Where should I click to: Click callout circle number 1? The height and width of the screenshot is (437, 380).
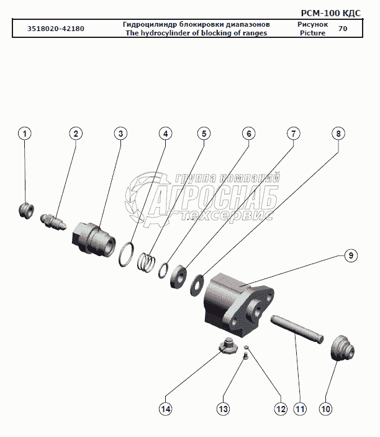(x=24, y=134)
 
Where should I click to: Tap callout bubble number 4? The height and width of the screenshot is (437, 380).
(x=165, y=134)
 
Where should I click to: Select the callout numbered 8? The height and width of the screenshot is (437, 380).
(x=338, y=134)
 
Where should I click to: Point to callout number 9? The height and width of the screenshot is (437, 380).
(x=350, y=255)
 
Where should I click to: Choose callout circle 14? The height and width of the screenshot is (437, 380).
(x=165, y=408)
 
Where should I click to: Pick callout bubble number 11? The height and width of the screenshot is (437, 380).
(x=300, y=408)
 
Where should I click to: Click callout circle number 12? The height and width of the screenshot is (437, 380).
(x=280, y=408)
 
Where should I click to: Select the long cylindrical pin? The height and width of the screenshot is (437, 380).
(x=297, y=328)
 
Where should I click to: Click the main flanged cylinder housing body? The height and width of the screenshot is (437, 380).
(x=236, y=302)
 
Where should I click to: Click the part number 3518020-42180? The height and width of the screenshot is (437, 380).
(x=57, y=29)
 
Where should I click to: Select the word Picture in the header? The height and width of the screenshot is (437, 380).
(x=312, y=33)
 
